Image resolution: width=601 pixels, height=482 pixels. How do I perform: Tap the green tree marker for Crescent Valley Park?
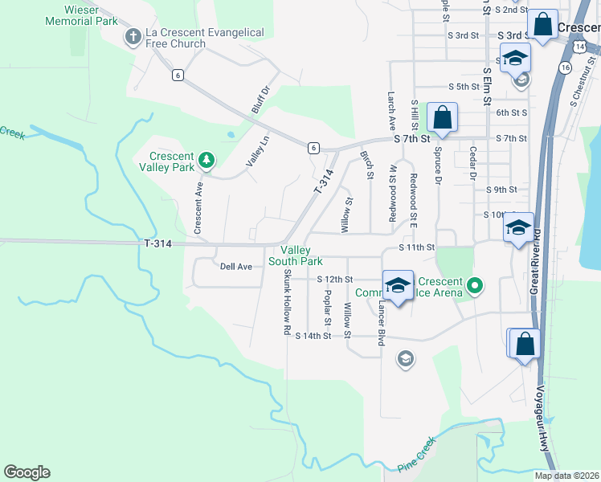(206, 160)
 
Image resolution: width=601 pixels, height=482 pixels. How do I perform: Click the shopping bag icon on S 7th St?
(442, 119)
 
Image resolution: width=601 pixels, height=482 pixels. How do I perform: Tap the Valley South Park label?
(296, 255)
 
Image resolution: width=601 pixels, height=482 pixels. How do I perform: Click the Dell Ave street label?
(236, 266)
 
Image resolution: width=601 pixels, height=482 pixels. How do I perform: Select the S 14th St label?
(313, 336)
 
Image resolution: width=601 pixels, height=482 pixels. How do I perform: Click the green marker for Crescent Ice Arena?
(475, 284)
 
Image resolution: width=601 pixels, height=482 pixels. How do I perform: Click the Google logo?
(27, 472)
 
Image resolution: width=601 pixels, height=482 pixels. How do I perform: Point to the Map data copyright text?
(566, 476)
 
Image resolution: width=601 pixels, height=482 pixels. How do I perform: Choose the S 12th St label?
(335, 279)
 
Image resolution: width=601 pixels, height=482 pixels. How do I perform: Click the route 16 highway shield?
(566, 68)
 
